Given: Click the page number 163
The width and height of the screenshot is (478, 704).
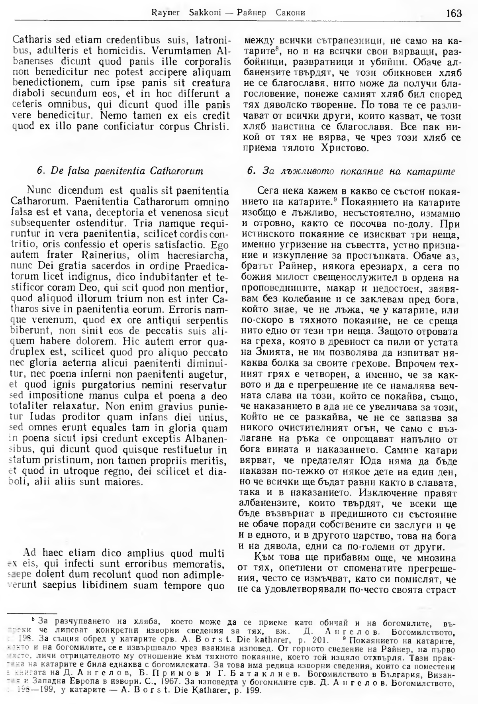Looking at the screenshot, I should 454,13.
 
